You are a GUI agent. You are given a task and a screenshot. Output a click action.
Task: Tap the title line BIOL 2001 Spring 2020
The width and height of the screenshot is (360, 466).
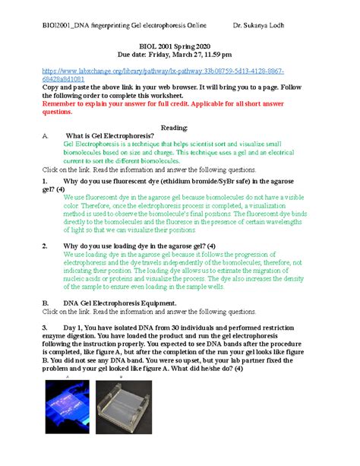click(180, 46)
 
